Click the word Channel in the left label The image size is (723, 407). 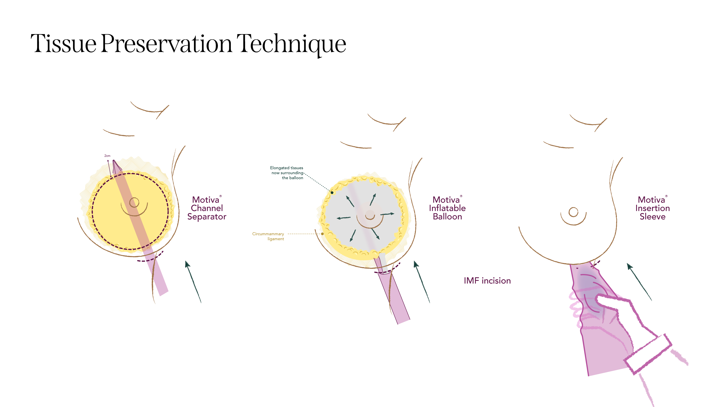tap(207, 208)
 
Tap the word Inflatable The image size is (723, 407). tap(447, 208)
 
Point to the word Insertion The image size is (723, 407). tap(652, 208)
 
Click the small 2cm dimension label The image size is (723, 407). tap(107, 156)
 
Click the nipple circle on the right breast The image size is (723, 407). tap(573, 212)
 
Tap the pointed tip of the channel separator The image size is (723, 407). tap(114, 162)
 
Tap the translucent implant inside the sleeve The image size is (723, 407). tap(588, 292)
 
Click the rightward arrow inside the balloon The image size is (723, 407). tap(388, 214)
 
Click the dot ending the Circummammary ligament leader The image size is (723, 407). tap(322, 234)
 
